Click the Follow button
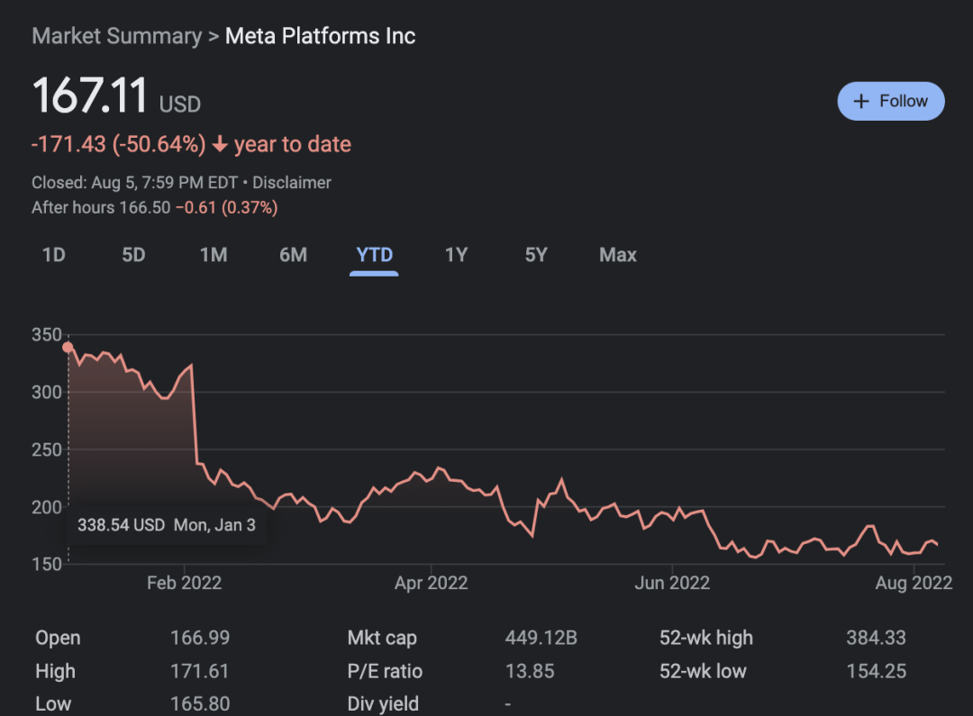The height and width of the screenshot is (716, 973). (890, 101)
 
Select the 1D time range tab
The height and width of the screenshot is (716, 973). (54, 255)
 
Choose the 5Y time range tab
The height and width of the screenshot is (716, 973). (536, 255)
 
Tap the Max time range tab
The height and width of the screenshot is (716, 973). (618, 255)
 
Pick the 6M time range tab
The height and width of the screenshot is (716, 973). (293, 255)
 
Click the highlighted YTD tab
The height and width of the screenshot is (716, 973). (375, 255)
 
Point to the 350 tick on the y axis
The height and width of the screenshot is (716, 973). (47, 335)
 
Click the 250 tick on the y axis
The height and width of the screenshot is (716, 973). (47, 449)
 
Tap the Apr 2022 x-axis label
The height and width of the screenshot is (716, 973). (431, 583)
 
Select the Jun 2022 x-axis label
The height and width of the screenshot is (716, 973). (672, 583)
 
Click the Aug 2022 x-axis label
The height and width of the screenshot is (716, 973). (914, 583)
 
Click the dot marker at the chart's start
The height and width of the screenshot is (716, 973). (68, 347)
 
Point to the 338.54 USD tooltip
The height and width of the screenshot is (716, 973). (167, 525)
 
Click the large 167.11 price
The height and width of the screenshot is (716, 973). (90, 95)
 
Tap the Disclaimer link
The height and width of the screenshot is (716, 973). (292, 182)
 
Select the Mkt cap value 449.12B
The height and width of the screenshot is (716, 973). (541, 639)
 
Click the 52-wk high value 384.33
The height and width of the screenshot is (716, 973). (876, 639)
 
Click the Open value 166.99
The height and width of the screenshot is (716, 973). (200, 639)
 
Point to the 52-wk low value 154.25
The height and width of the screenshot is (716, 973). (876, 671)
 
